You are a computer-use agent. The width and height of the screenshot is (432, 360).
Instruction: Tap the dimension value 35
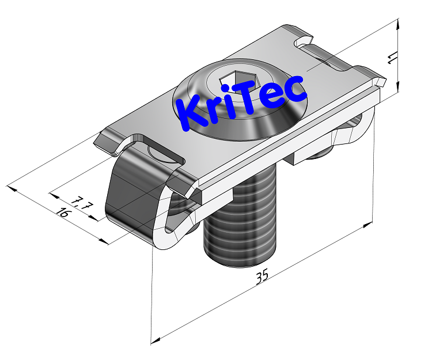pos(262,276)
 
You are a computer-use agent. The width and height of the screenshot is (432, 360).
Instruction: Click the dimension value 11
pos(392,58)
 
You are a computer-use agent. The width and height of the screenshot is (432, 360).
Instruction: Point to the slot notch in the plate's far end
pos(305,43)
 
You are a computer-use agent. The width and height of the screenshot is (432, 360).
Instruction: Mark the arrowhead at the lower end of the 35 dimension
pos(154,340)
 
